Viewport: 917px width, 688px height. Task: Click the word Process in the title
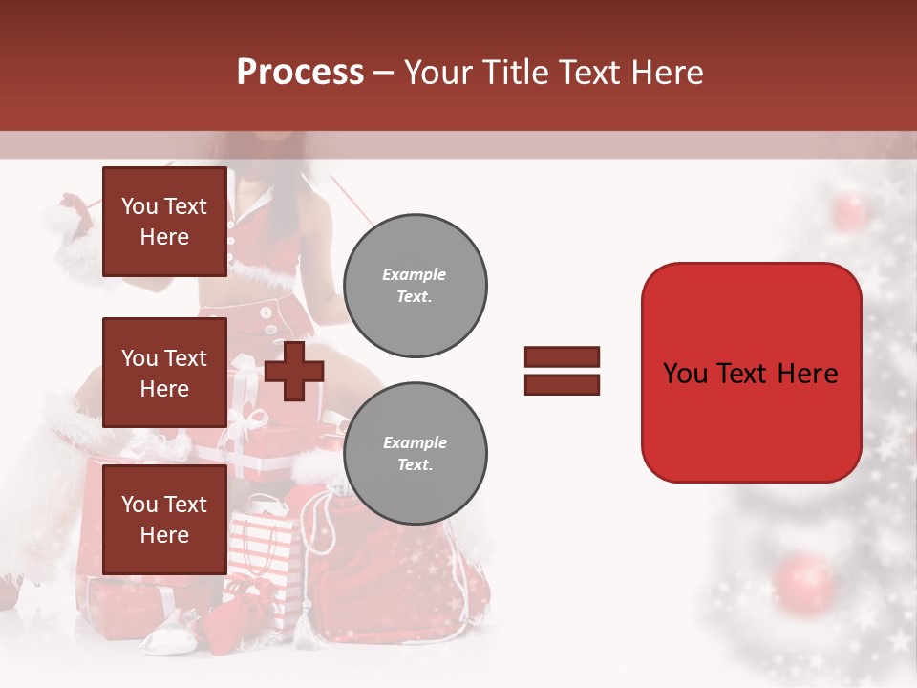[300, 72]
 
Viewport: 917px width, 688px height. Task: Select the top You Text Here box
[164, 222]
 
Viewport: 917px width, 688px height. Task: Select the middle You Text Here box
[164, 373]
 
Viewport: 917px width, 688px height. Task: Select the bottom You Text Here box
[164, 520]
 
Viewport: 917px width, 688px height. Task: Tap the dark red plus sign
[294, 372]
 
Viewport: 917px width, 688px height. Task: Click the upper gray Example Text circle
[415, 285]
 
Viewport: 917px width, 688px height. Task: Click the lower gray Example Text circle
[415, 453]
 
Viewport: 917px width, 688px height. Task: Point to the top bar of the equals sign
[563, 357]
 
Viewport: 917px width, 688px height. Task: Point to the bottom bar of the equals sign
[563, 384]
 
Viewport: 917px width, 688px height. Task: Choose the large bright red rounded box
[751, 373]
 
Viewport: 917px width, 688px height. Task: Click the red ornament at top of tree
[849, 210]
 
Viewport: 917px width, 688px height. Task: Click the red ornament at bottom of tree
[804, 584]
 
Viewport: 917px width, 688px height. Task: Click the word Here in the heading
[668, 72]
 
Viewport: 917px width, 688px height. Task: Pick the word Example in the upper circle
[415, 274]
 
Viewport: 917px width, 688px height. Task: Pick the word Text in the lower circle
[415, 464]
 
